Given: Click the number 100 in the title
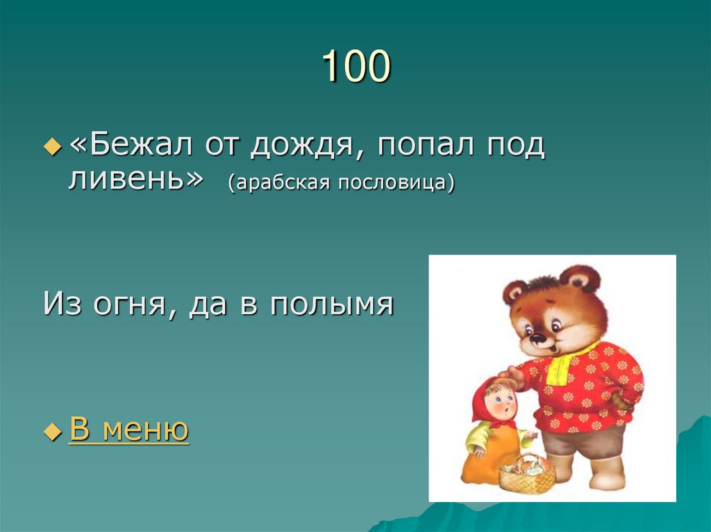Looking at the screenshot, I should (x=356, y=68).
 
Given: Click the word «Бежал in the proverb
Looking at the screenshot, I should (x=128, y=146).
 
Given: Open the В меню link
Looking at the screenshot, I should (x=129, y=430).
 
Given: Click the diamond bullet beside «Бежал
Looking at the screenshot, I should (x=53, y=148).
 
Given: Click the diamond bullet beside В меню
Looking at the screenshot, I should (x=53, y=431).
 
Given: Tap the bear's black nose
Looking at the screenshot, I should (x=536, y=339).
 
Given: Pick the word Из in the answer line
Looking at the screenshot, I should (x=60, y=304).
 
